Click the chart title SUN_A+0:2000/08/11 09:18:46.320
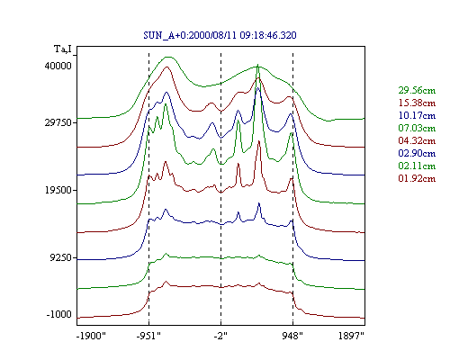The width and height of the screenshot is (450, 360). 220,35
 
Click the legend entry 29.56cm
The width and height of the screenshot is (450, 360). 417,90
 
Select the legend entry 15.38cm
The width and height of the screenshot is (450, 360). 417,103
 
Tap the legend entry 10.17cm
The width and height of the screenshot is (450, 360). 417,115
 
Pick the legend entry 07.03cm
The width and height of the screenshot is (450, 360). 417,128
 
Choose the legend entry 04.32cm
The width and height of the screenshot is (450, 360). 417,140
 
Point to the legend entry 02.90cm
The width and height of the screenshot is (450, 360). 417,153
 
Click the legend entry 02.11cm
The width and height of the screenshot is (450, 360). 417,166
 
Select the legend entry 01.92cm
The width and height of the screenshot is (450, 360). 417,178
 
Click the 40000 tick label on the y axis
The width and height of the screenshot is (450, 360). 58,66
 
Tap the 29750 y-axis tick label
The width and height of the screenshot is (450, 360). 58,122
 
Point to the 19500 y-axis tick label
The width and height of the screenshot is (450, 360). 58,190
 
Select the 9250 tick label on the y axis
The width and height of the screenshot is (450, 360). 61,257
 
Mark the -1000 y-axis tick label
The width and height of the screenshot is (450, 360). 59,314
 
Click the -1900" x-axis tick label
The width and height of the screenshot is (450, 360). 91,336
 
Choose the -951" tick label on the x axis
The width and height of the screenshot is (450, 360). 148,336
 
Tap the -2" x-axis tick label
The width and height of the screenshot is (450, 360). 220,336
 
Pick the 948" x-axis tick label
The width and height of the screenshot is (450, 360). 292,336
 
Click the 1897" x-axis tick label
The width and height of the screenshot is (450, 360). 351,336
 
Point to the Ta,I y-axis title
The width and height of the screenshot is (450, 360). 63,49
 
